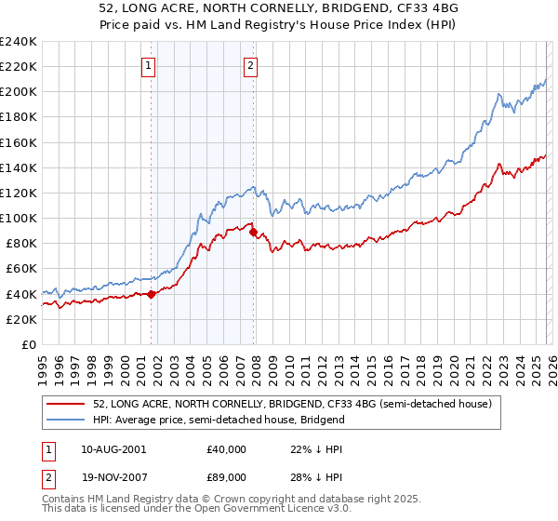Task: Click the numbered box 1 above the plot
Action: pos(149,65)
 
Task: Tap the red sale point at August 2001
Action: pos(151,294)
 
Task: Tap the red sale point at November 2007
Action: pos(254,232)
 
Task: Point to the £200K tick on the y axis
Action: pos(19,92)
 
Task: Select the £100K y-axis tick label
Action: pos(19,218)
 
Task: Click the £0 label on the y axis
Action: pos(28,344)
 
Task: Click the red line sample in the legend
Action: pos(66,404)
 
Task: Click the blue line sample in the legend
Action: pos(66,420)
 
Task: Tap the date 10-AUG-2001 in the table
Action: pos(113,448)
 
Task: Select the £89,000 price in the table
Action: pos(227,479)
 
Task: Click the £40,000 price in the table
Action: pos(227,448)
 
